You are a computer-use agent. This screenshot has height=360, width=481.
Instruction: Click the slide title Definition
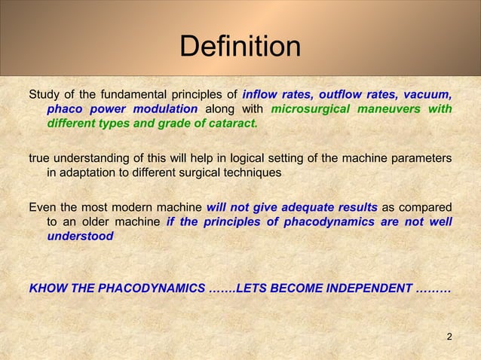click(x=240, y=47)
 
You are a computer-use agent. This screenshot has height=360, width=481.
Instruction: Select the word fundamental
click(x=158, y=95)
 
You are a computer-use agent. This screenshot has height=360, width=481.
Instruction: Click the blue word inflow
click(x=261, y=95)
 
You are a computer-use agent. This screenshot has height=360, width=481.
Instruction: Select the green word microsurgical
click(x=309, y=109)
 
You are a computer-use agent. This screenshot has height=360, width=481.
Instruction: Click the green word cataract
click(x=232, y=124)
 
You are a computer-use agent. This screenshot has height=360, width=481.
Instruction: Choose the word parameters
click(x=423, y=158)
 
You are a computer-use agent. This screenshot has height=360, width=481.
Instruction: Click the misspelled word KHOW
click(x=46, y=288)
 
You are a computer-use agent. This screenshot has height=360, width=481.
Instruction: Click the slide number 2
click(x=449, y=336)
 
